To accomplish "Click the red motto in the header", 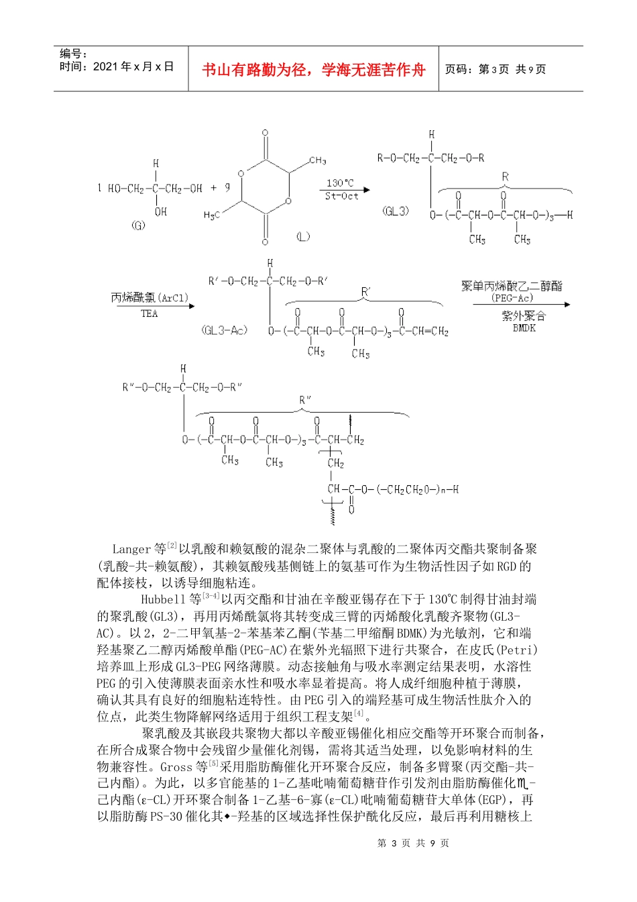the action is (x=313, y=70).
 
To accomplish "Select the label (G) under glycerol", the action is (x=138, y=225).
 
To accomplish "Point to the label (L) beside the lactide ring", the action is (x=303, y=236).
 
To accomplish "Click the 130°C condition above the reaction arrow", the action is (x=340, y=183).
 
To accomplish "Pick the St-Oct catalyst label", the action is (x=341, y=196).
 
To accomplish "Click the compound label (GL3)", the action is (x=396, y=211).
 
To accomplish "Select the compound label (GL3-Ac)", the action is (x=224, y=330).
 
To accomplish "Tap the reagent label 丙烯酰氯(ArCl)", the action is (x=150, y=297).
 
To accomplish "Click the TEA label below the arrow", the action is (x=149, y=313).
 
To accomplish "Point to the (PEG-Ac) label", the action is (x=512, y=297).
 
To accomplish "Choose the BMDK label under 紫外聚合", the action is (x=524, y=328).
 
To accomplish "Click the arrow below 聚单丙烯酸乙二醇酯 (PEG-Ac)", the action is (x=521, y=305).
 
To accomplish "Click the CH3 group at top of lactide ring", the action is (x=317, y=161).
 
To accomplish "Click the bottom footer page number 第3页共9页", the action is (x=413, y=843).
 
